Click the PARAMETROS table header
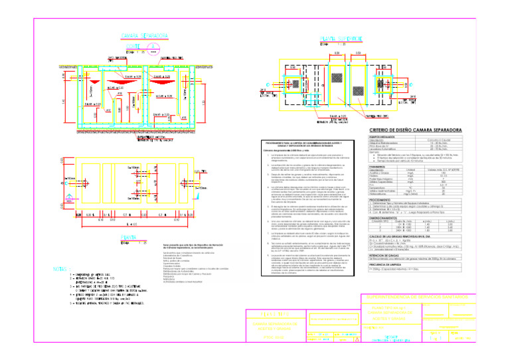tap(381, 166)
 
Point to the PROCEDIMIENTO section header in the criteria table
tap(383, 199)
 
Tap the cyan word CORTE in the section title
tap(135, 46)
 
